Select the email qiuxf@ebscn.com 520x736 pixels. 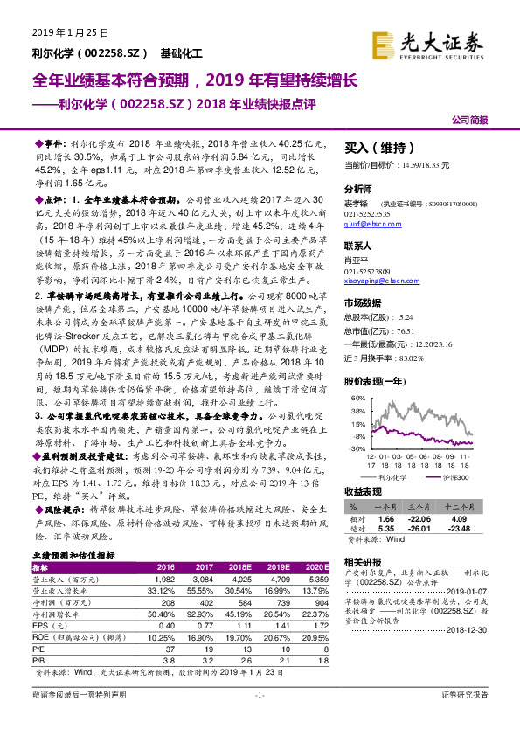point(366,223)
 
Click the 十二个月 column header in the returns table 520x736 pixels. point(461,506)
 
